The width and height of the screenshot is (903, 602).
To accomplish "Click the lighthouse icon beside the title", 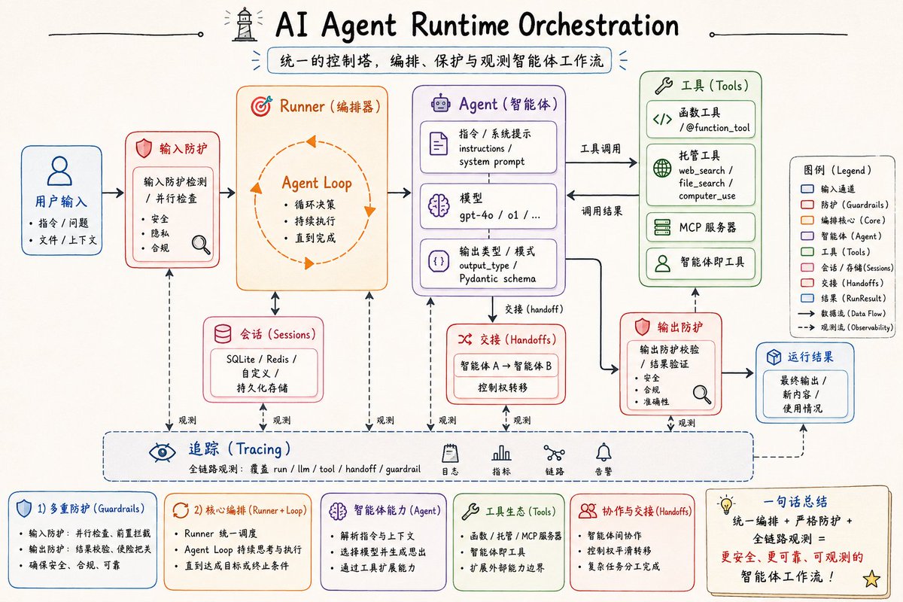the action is tap(245, 24).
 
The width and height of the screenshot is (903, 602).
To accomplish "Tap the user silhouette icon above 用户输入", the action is tap(59, 171).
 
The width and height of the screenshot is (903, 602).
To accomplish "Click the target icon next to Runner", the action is tap(262, 106).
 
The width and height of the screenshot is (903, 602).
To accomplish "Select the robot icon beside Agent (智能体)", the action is tap(441, 104).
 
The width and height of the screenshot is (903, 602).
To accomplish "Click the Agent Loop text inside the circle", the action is tap(317, 183).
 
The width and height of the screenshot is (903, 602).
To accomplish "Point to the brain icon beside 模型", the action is tap(439, 205).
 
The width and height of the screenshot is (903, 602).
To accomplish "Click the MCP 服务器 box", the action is tap(701, 227).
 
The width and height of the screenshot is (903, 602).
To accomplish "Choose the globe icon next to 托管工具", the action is tap(662, 168).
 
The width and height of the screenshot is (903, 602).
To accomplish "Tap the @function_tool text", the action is tap(718, 128).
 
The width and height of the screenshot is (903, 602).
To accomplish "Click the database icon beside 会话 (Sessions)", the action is tap(223, 334).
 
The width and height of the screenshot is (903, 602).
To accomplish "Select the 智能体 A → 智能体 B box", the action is tap(506, 366).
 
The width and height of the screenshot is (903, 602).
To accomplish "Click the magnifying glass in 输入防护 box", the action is tap(201, 245).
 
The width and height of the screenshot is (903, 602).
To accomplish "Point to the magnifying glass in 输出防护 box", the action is tap(702, 394).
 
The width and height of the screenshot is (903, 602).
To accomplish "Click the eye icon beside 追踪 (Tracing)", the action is tap(162, 453).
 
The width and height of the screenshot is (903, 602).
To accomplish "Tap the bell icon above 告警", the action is tap(604, 452).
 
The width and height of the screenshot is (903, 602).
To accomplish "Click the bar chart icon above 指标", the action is tap(501, 453).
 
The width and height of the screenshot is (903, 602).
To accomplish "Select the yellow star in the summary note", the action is tap(871, 579).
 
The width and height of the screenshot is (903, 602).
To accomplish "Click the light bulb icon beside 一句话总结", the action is tap(726, 504).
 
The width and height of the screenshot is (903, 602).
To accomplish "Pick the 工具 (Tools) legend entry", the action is tap(836, 252).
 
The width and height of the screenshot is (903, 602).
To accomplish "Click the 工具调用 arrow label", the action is tap(600, 149).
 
